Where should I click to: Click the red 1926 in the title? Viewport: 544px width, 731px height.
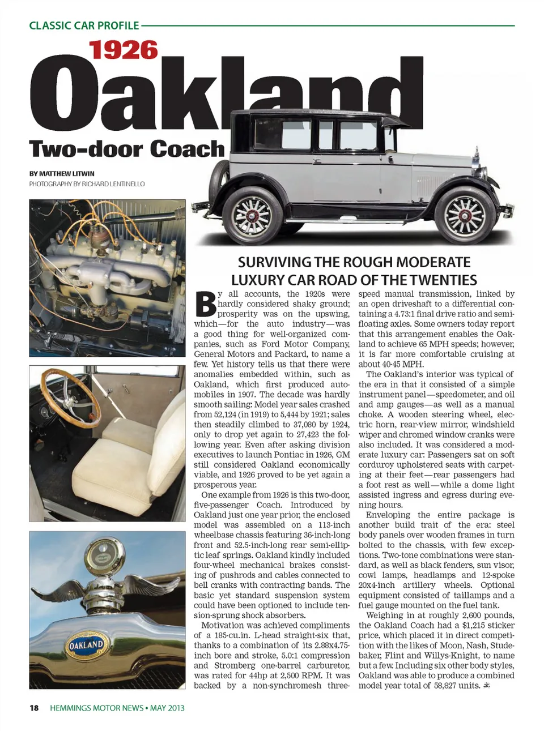(123, 50)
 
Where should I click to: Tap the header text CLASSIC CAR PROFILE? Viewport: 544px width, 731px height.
(84, 25)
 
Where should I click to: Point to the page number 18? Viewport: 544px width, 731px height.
(34, 708)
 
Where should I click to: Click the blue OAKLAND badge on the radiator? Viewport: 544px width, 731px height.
(87, 645)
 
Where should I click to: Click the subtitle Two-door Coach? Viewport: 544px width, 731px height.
(127, 149)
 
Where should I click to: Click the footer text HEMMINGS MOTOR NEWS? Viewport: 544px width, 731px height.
(96, 708)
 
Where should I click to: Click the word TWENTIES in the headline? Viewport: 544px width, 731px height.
(444, 280)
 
